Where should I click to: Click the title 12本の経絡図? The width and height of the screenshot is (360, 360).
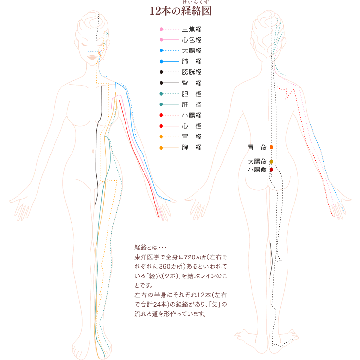180,11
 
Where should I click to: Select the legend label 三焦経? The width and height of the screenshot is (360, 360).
192,29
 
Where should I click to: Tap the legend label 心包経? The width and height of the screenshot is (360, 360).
192,40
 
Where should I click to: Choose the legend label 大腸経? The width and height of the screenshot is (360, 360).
192,51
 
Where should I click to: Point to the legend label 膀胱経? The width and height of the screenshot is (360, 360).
192,72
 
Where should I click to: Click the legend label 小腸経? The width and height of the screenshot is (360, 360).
192,115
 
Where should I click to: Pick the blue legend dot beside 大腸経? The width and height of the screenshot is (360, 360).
162,51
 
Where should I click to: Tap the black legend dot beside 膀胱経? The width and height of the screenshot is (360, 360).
162,72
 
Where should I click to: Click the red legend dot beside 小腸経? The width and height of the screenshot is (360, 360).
161,115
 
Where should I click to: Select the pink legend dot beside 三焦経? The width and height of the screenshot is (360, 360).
162,29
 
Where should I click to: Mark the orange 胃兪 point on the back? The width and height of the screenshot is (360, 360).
271,147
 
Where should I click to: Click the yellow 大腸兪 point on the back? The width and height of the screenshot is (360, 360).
271,162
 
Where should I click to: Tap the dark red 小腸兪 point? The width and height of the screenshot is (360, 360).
271,170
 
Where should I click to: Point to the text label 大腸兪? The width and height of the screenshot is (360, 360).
257,162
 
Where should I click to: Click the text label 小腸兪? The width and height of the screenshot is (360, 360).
257,170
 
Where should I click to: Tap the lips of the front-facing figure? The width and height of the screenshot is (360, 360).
92,57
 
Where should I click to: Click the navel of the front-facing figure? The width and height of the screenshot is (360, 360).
93,151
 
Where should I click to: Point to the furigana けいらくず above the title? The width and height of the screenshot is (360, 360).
196,2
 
